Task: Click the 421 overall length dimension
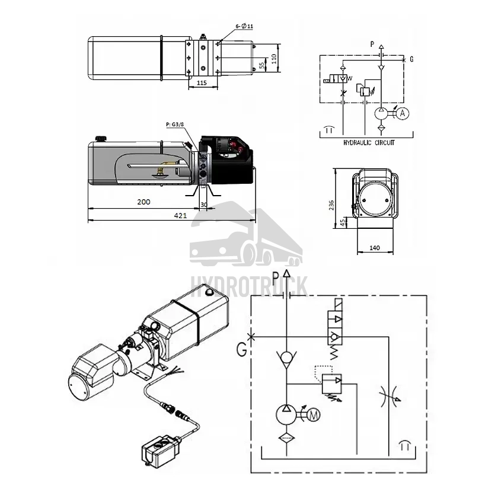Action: click(x=180, y=216)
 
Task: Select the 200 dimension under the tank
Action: click(x=143, y=202)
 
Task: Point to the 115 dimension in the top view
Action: click(x=202, y=83)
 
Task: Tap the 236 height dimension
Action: click(x=331, y=205)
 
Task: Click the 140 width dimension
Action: click(x=375, y=248)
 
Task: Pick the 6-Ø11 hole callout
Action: click(x=244, y=26)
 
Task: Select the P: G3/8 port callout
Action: click(x=175, y=124)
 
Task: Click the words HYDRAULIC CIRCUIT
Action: click(x=369, y=143)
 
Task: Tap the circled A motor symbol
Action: click(x=403, y=113)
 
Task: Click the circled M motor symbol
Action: click(x=314, y=414)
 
